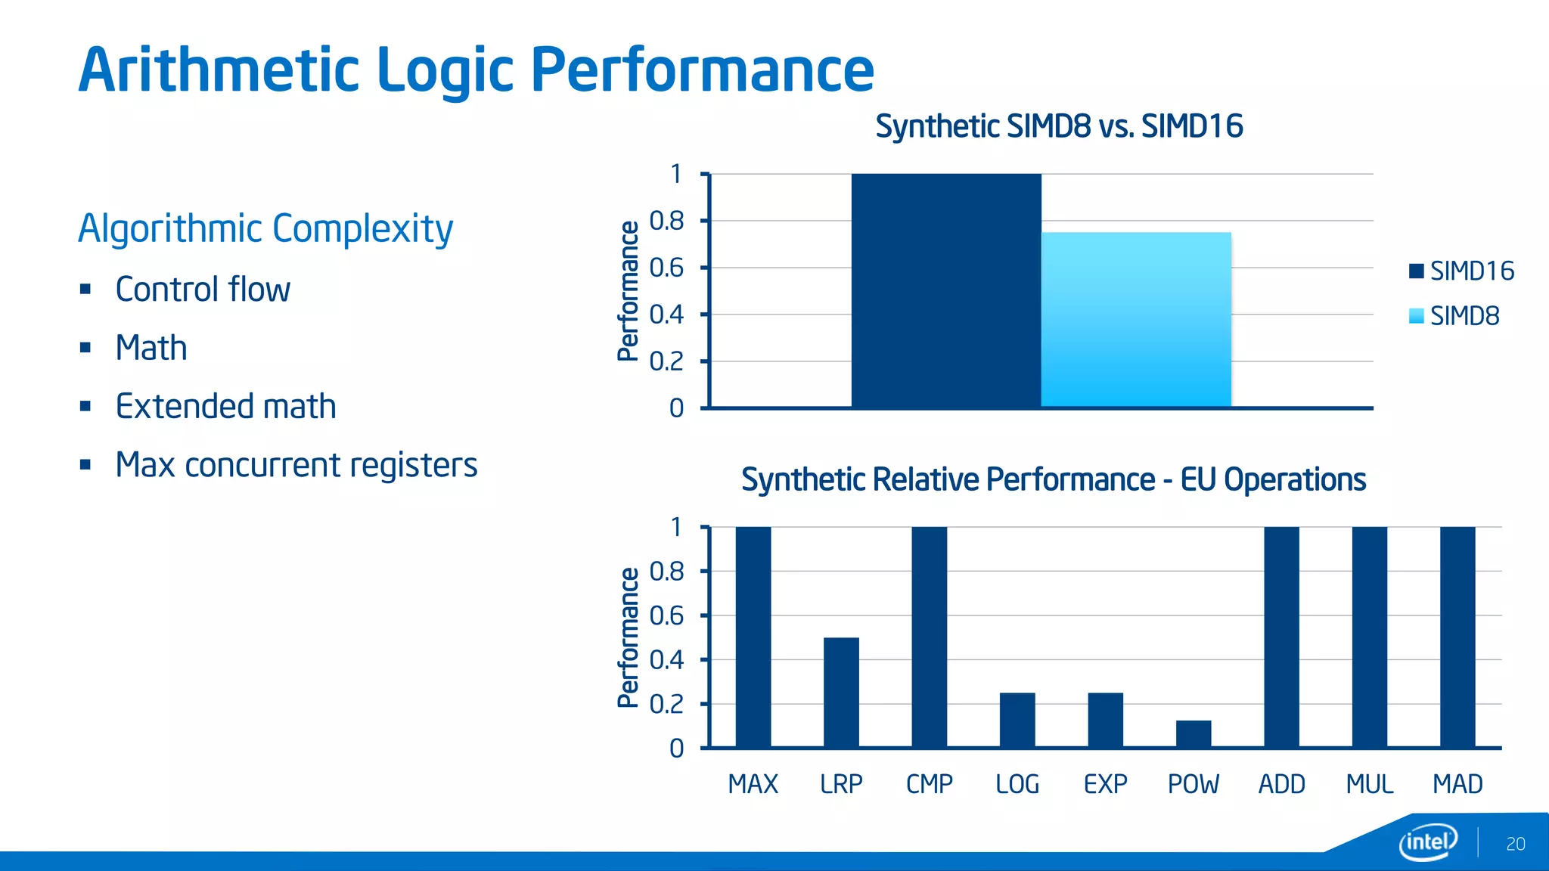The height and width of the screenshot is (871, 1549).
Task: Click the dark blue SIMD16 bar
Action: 945,291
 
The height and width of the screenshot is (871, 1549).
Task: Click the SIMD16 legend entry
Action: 1461,271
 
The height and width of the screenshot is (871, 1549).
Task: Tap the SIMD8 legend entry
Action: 1454,316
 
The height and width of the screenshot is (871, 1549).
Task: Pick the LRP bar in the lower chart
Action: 841,693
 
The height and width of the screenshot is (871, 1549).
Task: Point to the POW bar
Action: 1194,734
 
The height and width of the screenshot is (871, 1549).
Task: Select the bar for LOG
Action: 1017,720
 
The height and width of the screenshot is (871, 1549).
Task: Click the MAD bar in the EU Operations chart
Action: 1457,637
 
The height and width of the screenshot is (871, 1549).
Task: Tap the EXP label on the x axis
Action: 1105,784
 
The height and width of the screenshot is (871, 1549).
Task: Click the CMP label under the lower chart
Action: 929,784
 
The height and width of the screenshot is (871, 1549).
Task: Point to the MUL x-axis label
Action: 1369,784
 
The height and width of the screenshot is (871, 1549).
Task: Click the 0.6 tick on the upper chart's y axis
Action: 666,268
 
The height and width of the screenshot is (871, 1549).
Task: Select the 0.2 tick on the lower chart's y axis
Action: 666,704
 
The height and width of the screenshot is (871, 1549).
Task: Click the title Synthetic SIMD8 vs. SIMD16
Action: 1059,126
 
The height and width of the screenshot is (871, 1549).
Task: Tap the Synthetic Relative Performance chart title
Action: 1054,479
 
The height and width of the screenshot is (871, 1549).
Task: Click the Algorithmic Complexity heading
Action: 265,228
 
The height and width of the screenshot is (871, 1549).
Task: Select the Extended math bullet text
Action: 225,406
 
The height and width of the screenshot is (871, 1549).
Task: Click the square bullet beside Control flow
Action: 85,290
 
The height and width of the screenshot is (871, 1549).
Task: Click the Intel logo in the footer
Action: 1427,842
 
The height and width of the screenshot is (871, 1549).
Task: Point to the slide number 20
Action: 1515,844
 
